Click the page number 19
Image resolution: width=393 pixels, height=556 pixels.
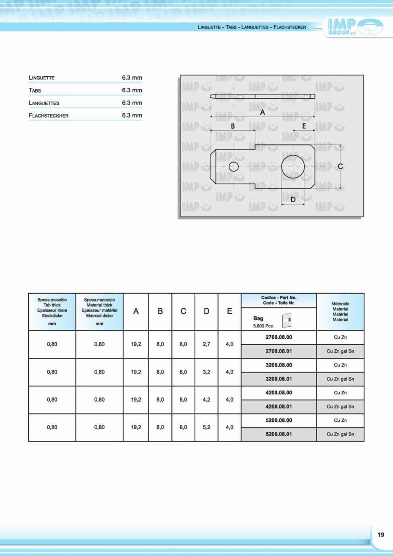(x=381, y=535)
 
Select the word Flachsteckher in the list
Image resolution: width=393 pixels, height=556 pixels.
(x=49, y=116)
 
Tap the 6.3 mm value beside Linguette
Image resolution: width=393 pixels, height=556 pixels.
(x=132, y=78)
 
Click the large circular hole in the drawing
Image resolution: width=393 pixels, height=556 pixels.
(x=293, y=167)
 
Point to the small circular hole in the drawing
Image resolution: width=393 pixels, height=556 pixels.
(x=233, y=167)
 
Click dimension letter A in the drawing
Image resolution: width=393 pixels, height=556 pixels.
(x=262, y=112)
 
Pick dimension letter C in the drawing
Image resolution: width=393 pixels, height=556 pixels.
(x=340, y=167)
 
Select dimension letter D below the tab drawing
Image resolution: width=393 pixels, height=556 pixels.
(x=293, y=200)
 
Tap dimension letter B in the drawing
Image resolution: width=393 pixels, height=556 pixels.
(x=233, y=126)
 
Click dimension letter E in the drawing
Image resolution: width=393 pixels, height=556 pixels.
(x=304, y=126)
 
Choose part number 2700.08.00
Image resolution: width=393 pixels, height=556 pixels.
(x=279, y=337)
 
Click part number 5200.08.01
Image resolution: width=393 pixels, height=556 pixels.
(x=279, y=434)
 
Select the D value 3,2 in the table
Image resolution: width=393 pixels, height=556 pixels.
(x=206, y=372)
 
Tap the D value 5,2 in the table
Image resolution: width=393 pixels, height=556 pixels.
(x=206, y=427)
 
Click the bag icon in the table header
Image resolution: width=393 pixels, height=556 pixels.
(x=287, y=320)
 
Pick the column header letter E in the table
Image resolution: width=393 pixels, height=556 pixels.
(x=229, y=312)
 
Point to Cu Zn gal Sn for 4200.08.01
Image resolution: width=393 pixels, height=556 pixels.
(x=340, y=407)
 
